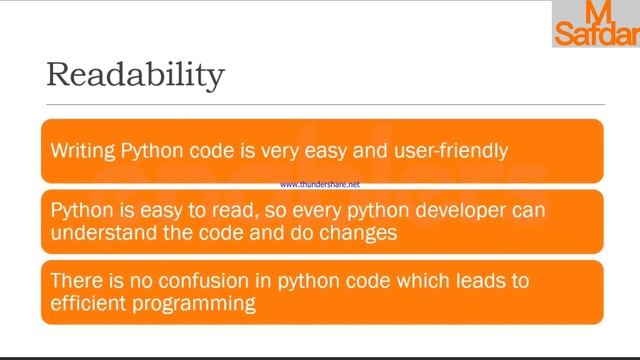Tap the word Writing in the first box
pyautogui.click(x=83, y=151)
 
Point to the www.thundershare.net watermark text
pyautogui.click(x=320, y=185)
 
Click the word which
pyautogui.click(x=417, y=280)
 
